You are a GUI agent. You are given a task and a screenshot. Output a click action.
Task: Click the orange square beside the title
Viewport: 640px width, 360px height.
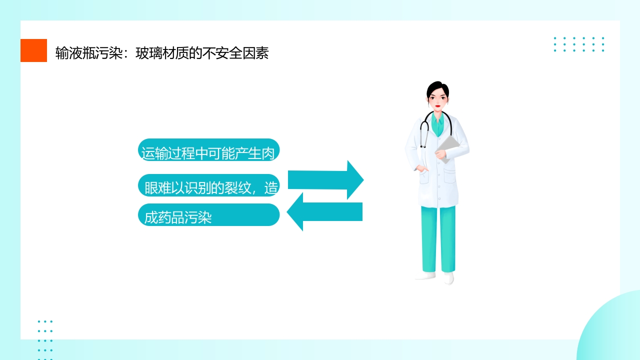point(33,50)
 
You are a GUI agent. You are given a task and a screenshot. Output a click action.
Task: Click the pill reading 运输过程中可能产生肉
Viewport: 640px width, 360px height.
point(208,150)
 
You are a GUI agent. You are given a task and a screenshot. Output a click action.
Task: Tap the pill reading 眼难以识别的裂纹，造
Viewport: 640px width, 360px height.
point(208,185)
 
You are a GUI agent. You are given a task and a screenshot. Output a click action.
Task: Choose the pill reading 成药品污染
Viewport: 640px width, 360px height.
point(208,215)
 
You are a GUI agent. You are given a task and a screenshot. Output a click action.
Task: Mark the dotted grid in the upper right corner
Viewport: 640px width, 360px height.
point(578,44)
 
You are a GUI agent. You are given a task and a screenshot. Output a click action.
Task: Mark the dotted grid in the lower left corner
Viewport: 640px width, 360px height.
point(45,339)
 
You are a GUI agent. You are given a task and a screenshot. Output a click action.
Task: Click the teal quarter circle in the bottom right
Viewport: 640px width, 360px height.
point(613,330)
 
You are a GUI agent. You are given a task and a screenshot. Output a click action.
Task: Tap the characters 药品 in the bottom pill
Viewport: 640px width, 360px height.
point(169,218)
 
